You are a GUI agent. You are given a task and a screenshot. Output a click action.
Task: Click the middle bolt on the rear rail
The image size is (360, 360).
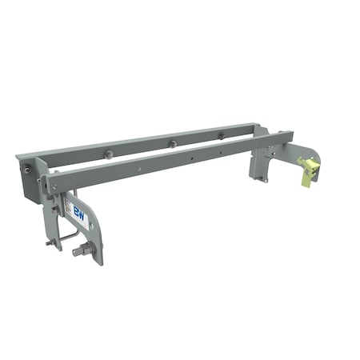tap(171, 144)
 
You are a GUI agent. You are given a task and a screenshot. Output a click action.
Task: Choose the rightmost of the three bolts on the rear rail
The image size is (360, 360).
tap(221, 134)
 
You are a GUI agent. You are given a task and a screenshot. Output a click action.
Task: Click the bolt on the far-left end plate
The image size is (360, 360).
tap(28, 170)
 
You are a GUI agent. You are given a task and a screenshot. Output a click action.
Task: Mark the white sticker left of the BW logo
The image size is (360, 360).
tap(69, 210)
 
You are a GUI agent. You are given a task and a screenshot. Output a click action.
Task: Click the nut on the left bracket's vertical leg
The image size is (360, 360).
tap(55, 210)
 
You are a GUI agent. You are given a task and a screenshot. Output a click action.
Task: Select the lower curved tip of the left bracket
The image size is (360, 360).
tap(98, 258)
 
